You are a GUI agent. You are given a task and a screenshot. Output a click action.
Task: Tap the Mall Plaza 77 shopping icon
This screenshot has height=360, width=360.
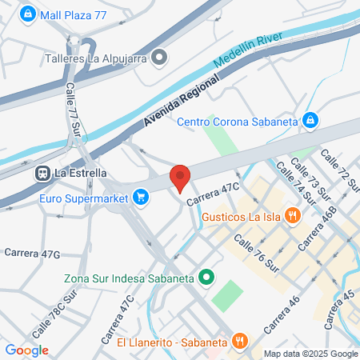(x=28, y=14)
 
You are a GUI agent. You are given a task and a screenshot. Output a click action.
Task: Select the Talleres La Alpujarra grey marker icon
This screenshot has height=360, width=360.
(x=160, y=57)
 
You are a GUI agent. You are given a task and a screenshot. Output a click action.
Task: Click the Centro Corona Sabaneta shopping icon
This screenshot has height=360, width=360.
(x=311, y=121)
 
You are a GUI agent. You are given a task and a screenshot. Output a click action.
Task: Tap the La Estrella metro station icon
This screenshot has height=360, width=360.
(x=41, y=172)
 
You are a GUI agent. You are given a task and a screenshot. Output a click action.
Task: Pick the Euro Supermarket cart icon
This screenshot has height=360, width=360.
(x=142, y=194)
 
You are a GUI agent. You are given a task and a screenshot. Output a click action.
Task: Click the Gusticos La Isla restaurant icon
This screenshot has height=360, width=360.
(x=293, y=214)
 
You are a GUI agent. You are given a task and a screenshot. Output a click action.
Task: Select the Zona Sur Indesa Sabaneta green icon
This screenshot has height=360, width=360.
(x=206, y=278)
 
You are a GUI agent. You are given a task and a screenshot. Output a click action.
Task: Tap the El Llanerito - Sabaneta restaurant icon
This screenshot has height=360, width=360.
(x=239, y=342)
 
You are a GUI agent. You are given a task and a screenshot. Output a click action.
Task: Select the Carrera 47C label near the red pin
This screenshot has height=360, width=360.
(x=214, y=194)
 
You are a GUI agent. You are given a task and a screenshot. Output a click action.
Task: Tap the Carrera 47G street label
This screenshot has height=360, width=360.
(x=32, y=254)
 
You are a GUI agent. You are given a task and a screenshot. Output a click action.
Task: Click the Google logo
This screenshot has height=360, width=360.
(x=26, y=350)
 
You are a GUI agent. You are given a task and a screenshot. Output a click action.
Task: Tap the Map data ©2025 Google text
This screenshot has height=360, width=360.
(x=311, y=354)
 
